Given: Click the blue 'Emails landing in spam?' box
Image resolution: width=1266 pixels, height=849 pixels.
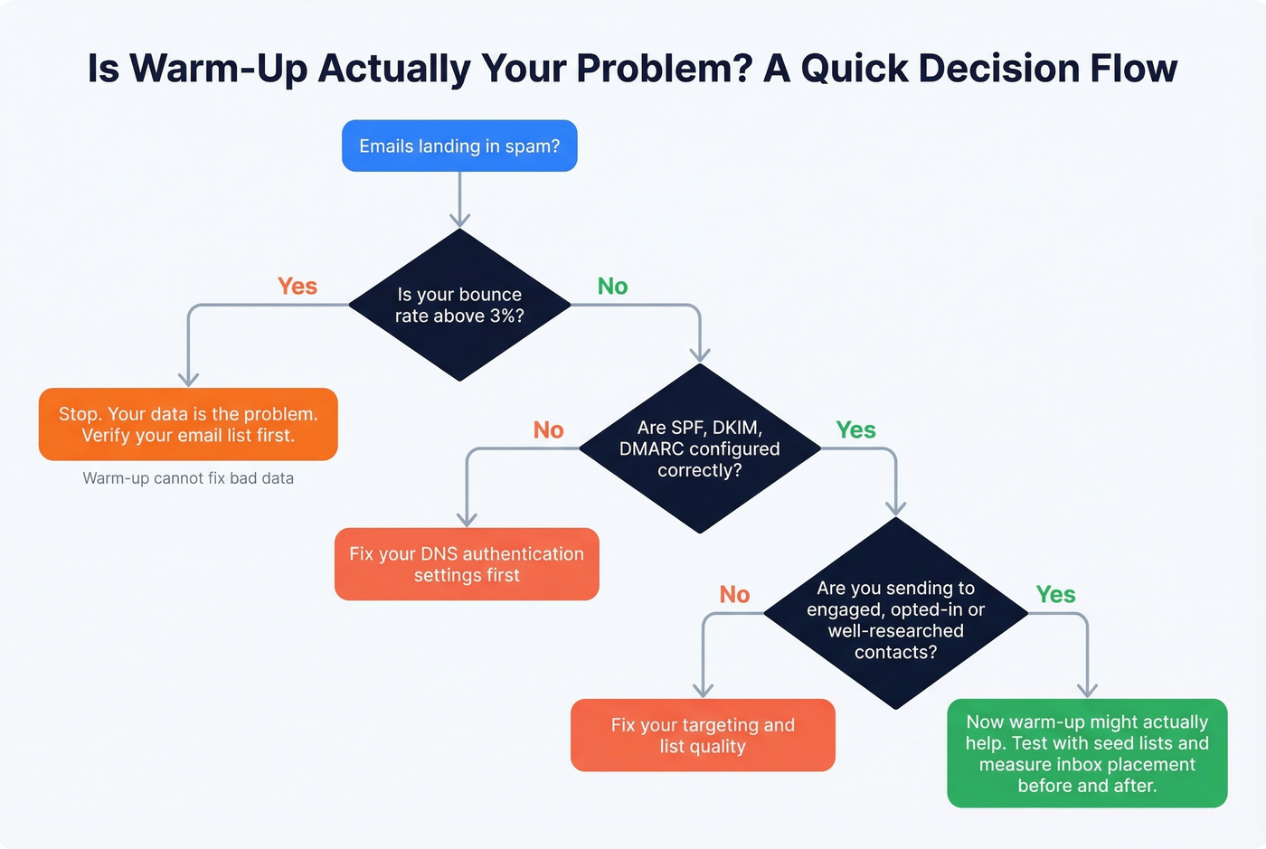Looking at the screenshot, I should [x=459, y=146].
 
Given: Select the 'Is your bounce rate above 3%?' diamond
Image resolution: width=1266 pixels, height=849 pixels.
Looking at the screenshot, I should [x=459, y=305].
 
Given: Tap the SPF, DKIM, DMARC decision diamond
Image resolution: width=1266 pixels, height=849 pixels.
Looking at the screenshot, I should [x=699, y=448].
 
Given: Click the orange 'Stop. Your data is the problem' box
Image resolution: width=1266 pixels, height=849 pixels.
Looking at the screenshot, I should [x=188, y=424].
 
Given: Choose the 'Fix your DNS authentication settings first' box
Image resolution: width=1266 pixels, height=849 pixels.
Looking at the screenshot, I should [x=467, y=564].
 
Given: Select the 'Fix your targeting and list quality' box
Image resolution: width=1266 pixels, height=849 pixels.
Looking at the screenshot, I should [x=703, y=735].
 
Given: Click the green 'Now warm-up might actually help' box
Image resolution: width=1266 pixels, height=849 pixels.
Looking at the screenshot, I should [x=1087, y=753].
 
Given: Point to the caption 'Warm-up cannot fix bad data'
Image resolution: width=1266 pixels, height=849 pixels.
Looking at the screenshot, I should [x=188, y=478].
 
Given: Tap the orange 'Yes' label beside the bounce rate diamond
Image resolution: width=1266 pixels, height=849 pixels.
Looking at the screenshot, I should [x=298, y=287].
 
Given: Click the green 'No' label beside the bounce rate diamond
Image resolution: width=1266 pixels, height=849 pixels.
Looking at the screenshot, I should [x=612, y=287].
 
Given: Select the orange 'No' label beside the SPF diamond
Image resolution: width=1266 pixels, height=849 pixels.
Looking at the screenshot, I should [x=548, y=430].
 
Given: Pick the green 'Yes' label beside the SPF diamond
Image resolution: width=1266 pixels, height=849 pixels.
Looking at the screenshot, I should [x=855, y=430].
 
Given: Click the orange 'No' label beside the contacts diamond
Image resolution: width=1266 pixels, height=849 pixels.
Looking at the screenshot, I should [x=734, y=595].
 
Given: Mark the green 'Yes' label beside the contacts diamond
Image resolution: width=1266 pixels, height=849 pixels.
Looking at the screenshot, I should [x=1055, y=595].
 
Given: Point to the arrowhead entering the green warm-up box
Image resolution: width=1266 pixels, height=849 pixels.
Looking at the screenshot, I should [x=1087, y=691].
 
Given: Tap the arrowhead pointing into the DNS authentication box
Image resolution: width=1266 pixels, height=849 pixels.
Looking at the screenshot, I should [x=467, y=520].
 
